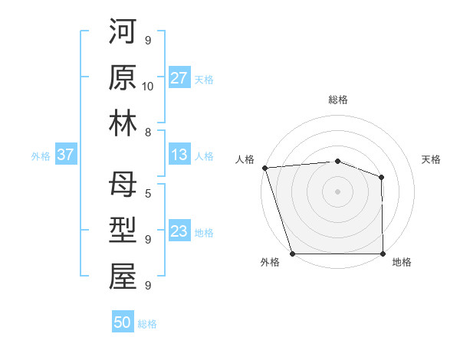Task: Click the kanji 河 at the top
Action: [x=123, y=34]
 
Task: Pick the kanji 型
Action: [x=123, y=231]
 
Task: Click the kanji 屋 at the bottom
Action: [x=123, y=277]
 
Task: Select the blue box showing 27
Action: [x=179, y=78]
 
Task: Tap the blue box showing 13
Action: [x=179, y=155]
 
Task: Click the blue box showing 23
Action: [x=179, y=232]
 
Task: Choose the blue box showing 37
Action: [x=65, y=155]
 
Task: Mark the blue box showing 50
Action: [x=123, y=322]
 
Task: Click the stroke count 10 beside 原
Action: [x=148, y=86]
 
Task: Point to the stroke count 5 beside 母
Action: [x=148, y=195]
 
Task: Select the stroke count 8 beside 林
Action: [x=148, y=132]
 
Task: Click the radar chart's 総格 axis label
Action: [x=337, y=100]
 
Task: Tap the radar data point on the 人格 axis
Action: [x=264, y=167]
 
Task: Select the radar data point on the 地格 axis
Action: [x=383, y=254]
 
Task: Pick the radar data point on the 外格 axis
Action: [x=293, y=254]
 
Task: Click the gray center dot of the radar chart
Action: [x=337, y=191]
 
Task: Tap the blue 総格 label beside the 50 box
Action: [x=147, y=324]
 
